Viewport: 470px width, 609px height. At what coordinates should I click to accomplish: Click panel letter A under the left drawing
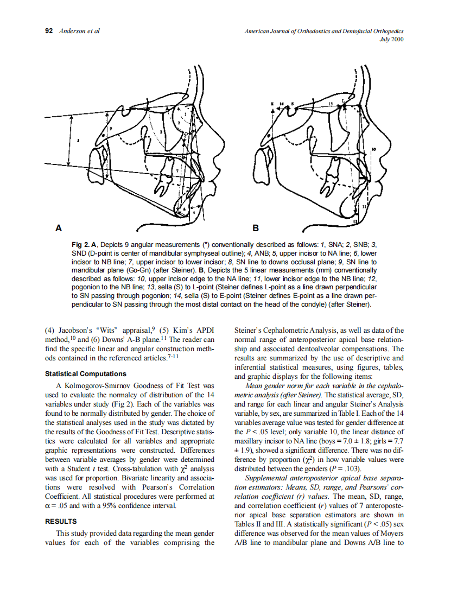pos(58,228)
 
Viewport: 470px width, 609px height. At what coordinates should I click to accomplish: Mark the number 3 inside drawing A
pos(161,132)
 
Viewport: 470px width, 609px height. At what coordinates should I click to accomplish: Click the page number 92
pos(48,31)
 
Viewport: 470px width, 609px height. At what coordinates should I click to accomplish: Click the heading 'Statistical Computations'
pos(85,374)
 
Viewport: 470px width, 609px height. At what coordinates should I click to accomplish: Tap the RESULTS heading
pos(60,521)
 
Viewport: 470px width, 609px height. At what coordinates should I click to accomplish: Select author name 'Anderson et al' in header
pos(79,31)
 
